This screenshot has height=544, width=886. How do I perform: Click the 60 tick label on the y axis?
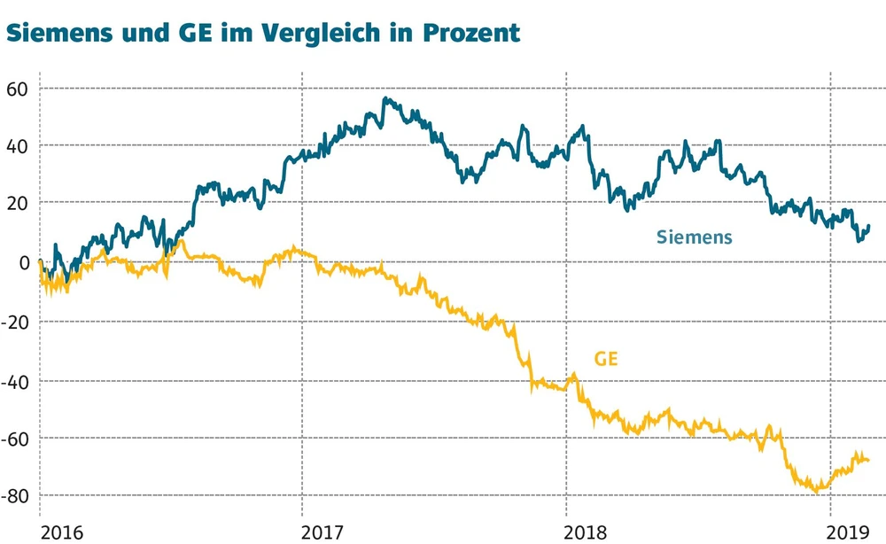[19, 88]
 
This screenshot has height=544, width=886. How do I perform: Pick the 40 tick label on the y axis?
[19, 145]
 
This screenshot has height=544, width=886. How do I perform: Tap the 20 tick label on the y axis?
[19, 203]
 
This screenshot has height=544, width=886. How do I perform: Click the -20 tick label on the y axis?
[16, 320]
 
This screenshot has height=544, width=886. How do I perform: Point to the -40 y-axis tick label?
[16, 378]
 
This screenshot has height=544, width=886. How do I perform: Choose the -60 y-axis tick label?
[16, 437]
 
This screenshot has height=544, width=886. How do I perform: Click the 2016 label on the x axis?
[63, 532]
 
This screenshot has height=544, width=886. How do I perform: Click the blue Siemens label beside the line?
[695, 237]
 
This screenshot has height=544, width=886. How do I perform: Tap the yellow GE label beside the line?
[606, 358]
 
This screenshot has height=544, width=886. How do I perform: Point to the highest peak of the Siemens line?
[385, 98]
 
